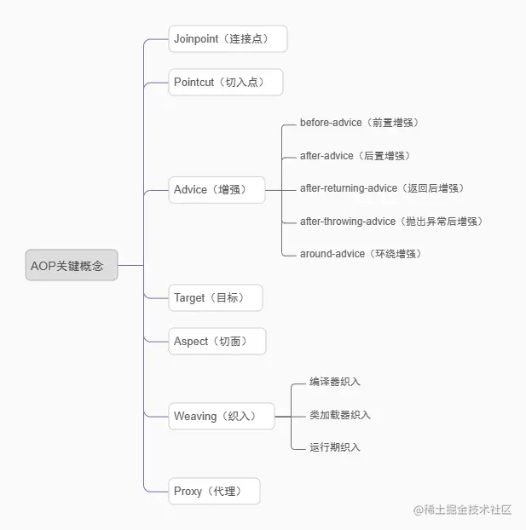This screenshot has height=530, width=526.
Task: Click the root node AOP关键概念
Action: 72,265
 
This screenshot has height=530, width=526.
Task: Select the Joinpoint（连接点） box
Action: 228,39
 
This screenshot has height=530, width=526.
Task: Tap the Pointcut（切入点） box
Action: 225,83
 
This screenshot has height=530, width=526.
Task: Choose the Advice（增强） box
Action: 217,190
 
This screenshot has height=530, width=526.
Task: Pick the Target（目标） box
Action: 215,298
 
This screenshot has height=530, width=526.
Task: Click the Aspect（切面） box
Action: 217,342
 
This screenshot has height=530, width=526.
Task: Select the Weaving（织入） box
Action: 221,417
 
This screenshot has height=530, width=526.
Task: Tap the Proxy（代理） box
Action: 214,492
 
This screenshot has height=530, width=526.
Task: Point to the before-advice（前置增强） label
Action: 359,123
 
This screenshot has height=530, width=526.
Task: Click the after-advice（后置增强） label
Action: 355,156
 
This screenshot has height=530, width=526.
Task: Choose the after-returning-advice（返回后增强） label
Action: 382,188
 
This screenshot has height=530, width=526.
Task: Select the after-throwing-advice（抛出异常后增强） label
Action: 390,222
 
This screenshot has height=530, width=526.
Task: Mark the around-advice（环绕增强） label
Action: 361,254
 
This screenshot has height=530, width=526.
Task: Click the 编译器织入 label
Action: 335,382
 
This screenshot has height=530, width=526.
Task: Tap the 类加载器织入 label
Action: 340,415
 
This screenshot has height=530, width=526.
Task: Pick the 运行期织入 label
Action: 335,447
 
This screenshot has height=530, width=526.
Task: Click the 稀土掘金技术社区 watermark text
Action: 470,510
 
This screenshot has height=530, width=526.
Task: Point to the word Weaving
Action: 195,417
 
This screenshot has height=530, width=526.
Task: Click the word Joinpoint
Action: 198,39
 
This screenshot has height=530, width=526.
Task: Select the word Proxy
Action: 188,492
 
